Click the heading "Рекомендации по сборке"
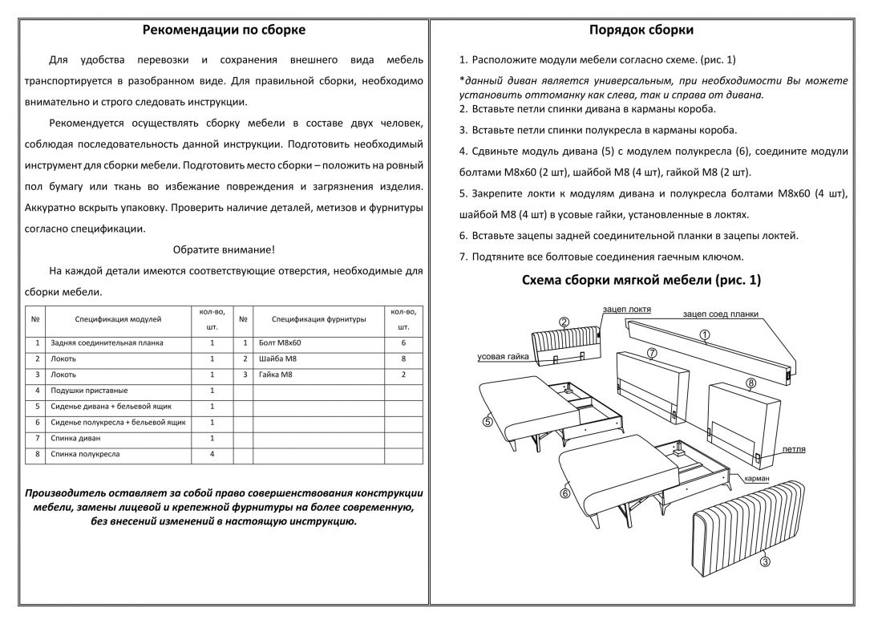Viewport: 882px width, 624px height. (224, 30)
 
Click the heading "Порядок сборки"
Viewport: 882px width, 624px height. (641, 30)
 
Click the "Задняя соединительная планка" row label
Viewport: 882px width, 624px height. (106, 342)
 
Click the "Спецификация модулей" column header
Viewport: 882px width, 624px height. (118, 319)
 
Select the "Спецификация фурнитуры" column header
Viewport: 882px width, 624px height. (319, 319)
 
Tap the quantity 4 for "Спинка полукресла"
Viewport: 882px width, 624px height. (212, 454)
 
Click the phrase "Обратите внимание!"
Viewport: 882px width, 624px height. (224, 249)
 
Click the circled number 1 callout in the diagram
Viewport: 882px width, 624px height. (704, 335)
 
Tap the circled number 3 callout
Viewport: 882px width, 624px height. (765, 562)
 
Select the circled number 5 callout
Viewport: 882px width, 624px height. (487, 419)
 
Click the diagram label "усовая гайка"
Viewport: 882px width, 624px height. (503, 357)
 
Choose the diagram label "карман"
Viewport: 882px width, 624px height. (757, 479)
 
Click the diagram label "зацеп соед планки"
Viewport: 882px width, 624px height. (720, 314)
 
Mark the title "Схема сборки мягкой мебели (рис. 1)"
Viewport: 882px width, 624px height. (641, 280)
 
